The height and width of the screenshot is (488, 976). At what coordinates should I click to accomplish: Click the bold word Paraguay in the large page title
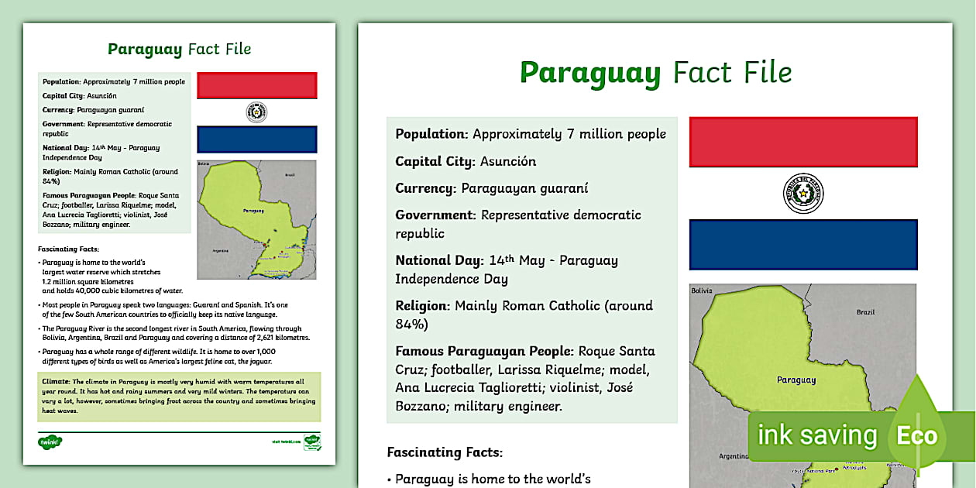point(590,73)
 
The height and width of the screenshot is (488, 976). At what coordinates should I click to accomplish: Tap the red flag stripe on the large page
point(803,142)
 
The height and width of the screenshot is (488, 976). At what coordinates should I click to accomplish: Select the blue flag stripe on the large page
point(803,245)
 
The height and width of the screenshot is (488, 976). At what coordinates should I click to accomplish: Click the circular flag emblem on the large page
point(803,194)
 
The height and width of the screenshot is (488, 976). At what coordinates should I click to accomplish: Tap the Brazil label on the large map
point(865,312)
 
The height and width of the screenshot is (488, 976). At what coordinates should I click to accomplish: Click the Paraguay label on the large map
point(796,380)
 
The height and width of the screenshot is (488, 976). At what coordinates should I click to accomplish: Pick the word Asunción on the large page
point(508,161)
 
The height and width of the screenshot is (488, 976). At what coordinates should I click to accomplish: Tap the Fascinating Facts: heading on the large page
point(445,452)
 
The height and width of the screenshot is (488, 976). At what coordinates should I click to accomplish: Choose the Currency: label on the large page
point(425,188)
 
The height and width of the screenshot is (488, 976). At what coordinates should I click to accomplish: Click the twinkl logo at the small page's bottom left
point(50,442)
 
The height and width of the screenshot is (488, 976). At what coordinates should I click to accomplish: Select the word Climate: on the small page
point(53,382)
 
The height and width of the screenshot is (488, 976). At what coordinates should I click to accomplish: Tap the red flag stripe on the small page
point(257,85)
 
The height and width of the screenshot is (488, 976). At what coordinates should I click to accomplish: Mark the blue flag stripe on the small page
point(257,139)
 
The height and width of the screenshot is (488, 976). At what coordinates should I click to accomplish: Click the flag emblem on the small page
point(256,112)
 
